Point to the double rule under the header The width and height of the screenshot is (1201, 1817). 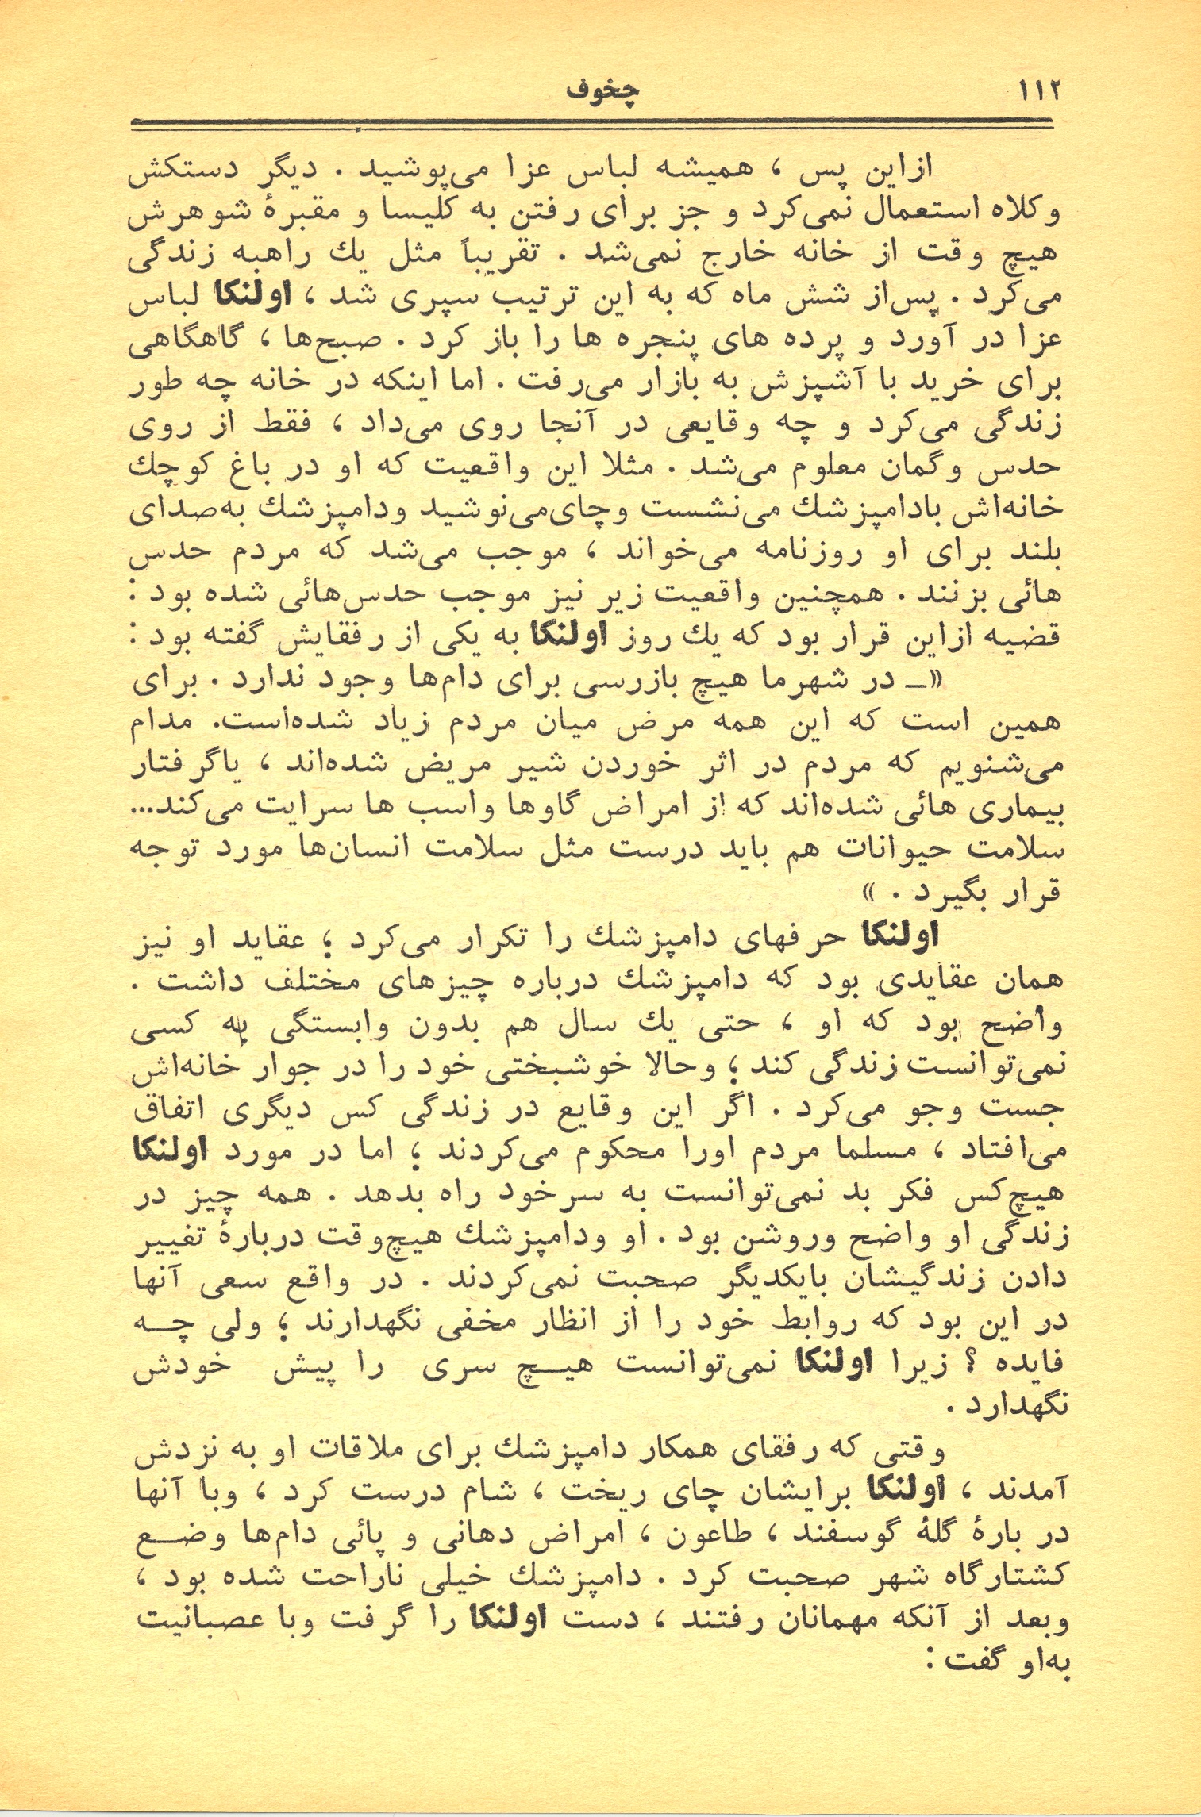click(591, 123)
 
